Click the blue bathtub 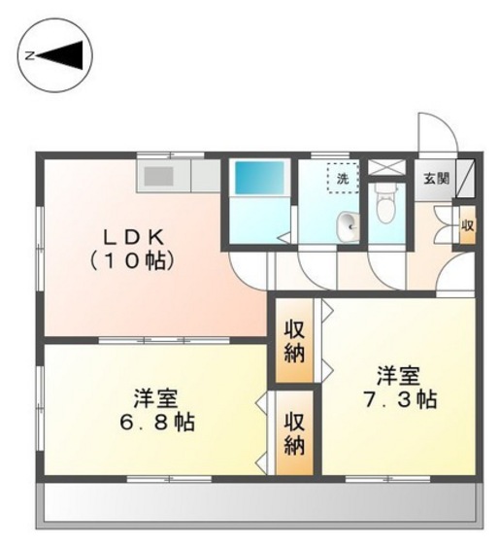click(258, 179)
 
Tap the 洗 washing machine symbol click(343, 179)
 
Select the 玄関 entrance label click(436, 178)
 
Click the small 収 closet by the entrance click(468, 225)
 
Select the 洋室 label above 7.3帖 click(398, 374)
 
